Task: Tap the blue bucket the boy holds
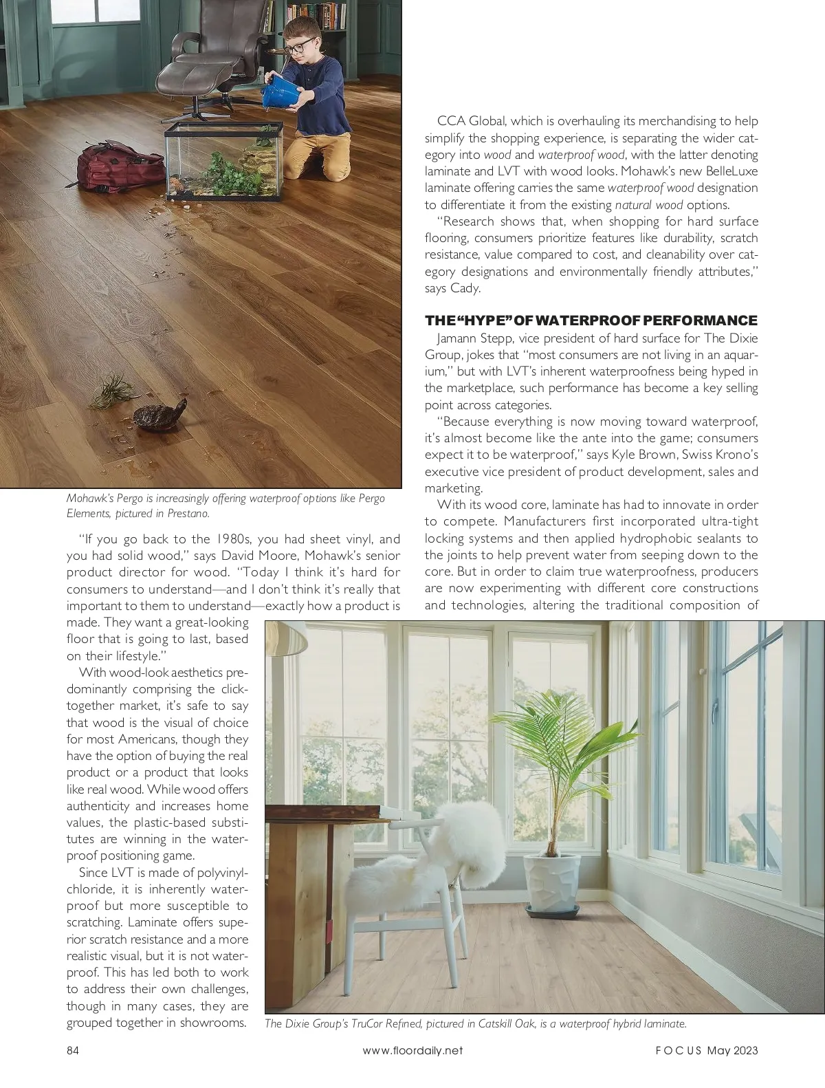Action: point(281,92)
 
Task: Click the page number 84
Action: point(74,1050)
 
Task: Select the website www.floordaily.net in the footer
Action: point(412,1050)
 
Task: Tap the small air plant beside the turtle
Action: point(110,391)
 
